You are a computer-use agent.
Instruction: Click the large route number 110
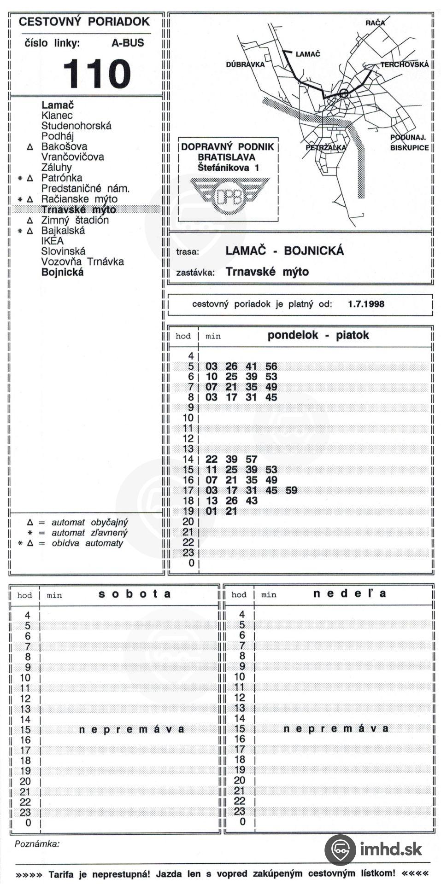[x=97, y=74]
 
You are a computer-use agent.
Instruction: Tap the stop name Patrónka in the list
[x=62, y=178]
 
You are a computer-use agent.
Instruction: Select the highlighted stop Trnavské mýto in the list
[x=78, y=209]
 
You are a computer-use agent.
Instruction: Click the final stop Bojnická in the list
[x=63, y=272]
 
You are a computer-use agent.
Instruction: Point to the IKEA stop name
[x=53, y=241]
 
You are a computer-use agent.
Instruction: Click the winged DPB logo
[x=229, y=195]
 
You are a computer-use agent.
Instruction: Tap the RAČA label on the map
[x=375, y=23]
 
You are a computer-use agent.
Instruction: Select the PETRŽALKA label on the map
[x=325, y=148]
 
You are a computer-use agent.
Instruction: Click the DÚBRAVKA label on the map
[x=245, y=64]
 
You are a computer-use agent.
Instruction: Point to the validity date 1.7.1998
[x=366, y=304]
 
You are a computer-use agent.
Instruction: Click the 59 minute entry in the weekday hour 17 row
[x=291, y=490]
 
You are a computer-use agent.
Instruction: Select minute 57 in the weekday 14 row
[x=251, y=459]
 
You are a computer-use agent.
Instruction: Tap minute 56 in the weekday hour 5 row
[x=271, y=366]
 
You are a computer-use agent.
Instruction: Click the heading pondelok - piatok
[x=318, y=335]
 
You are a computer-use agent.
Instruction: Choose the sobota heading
[x=135, y=594]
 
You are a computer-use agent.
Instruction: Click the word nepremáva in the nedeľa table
[x=336, y=728]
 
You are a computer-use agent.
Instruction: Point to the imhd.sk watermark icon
[x=340, y=849]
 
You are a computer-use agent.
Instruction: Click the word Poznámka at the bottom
[x=37, y=844]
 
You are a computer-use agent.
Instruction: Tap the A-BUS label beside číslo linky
[x=128, y=43]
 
